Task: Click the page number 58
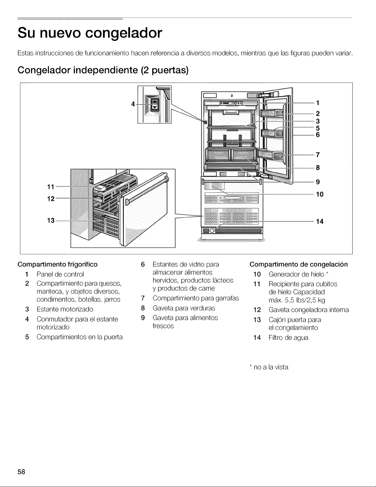coord(21,472)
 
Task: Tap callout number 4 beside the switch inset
coord(133,104)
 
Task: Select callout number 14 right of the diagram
coord(320,222)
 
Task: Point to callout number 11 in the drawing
coord(51,187)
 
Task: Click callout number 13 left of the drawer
coord(51,221)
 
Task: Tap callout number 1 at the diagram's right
coord(317,103)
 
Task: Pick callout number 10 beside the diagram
coord(320,194)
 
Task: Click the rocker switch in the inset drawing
coord(155,105)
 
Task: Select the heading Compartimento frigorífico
coord(57,265)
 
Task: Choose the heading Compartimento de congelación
coord(299,265)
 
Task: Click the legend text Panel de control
coord(60,274)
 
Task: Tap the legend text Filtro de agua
coord(288,337)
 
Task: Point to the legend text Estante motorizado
coord(65,309)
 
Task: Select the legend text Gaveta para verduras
coord(184,308)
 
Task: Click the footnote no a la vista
coord(271,367)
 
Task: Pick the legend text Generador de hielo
coord(296,274)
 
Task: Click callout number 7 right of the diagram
coord(318,155)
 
